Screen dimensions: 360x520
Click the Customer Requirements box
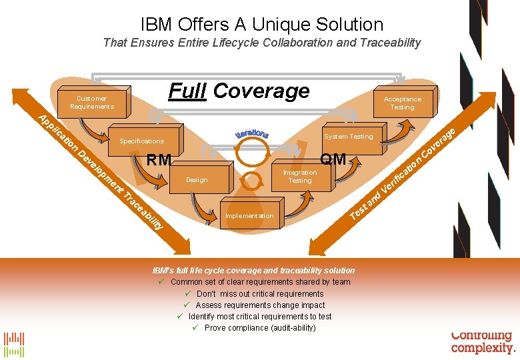click(x=92, y=103)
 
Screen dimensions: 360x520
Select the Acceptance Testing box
click(x=402, y=103)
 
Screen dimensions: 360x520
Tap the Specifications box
click(x=141, y=141)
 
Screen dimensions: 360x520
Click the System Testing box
click(x=348, y=137)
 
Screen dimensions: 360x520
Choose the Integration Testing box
click(x=300, y=177)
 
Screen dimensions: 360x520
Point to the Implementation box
click(x=249, y=216)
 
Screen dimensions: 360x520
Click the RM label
click(x=159, y=160)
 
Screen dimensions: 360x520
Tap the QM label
click(x=333, y=159)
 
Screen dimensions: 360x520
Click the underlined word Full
click(x=187, y=91)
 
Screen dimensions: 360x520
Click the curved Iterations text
click(x=252, y=133)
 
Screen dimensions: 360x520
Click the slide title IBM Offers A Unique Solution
click(x=262, y=25)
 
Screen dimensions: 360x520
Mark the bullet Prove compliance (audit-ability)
click(x=260, y=328)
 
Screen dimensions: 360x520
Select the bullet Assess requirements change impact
click(x=260, y=305)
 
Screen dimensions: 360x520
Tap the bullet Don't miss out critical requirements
click(x=260, y=294)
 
